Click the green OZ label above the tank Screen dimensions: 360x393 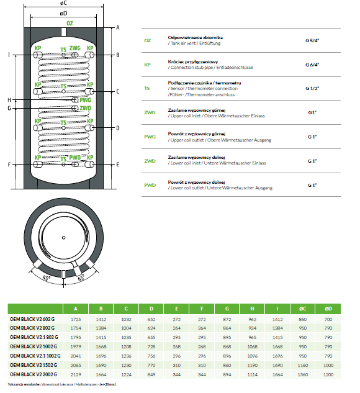(x=70, y=24)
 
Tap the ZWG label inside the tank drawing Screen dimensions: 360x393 (x=75, y=48)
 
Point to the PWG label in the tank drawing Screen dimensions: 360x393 (x=86, y=100)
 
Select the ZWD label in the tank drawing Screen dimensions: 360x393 (x=86, y=108)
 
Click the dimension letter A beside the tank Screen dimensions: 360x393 (x=118, y=27)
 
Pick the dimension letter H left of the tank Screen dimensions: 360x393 (x=9, y=100)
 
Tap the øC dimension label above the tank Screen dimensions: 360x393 (x=64, y=3)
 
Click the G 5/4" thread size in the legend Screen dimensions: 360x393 (x=312, y=40)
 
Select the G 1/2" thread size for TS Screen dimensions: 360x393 (x=312, y=88)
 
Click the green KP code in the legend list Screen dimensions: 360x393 (x=147, y=65)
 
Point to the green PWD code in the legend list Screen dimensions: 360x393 (x=150, y=185)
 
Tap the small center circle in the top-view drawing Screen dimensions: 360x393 (x=64, y=238)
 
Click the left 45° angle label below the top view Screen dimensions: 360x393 (x=47, y=278)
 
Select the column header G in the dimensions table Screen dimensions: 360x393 (x=227, y=309)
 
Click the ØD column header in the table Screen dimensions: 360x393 (x=328, y=309)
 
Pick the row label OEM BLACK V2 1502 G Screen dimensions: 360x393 (x=34, y=365)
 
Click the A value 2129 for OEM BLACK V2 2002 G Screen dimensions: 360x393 (x=76, y=374)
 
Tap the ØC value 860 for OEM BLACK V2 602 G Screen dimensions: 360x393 (x=303, y=319)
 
